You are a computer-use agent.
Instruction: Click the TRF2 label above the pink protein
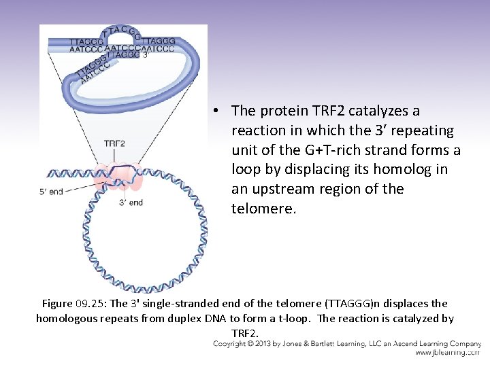pyautogui.click(x=114, y=143)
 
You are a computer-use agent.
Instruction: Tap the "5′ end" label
pyautogui.click(x=51, y=192)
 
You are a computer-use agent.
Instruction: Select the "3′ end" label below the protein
pyautogui.click(x=131, y=203)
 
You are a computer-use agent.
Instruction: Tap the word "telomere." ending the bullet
pyautogui.click(x=263, y=209)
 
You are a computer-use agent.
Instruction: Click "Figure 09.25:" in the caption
pyautogui.click(x=75, y=304)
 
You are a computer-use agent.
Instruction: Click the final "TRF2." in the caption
pyautogui.click(x=245, y=333)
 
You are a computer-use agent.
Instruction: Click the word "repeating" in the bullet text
pyautogui.click(x=426, y=130)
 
